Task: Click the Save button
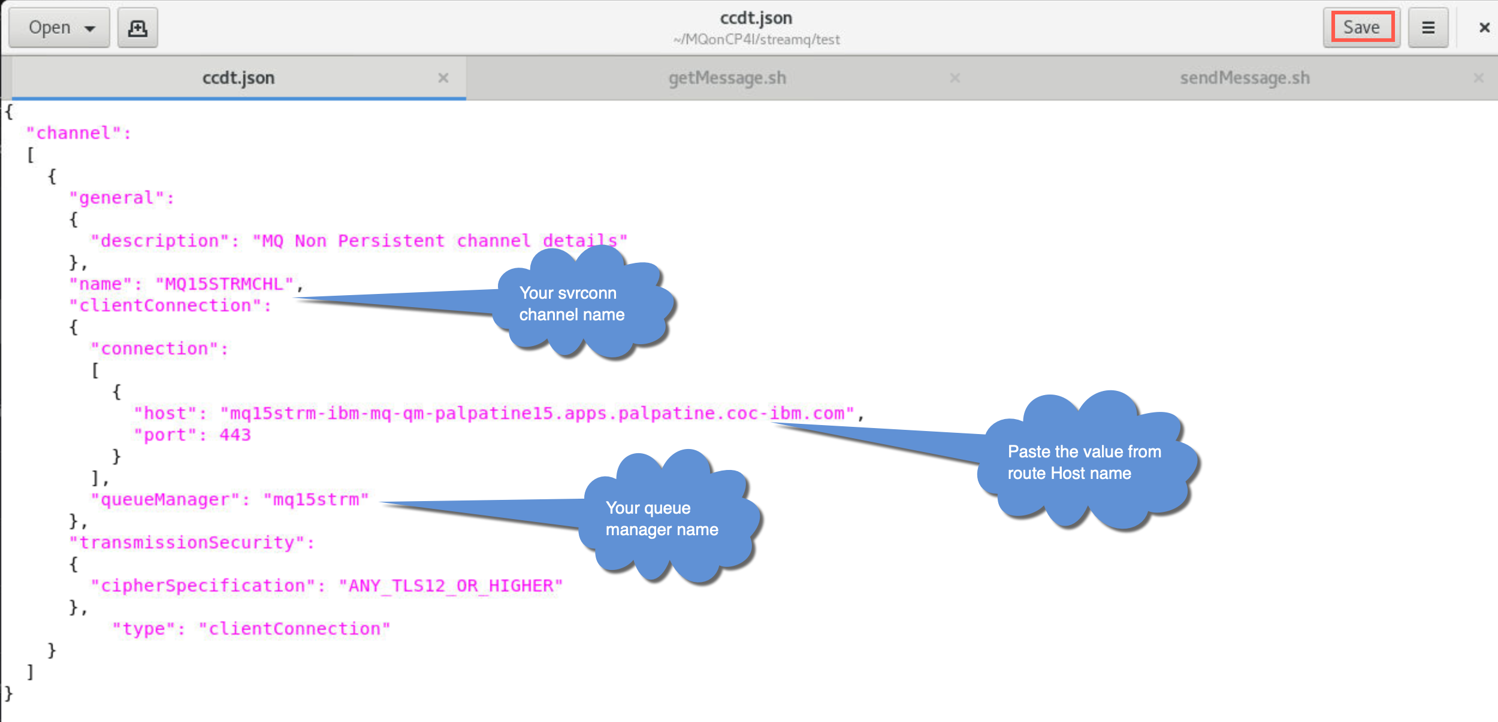(1361, 28)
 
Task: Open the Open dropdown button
(59, 28)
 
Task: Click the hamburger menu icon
(1428, 28)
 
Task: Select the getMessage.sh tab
(727, 78)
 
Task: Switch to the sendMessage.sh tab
(1245, 78)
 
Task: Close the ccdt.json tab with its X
(443, 78)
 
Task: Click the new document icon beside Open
(138, 28)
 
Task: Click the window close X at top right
(1484, 28)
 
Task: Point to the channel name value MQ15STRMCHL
(225, 284)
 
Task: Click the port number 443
(235, 435)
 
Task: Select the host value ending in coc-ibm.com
(537, 413)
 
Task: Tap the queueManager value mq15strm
(316, 499)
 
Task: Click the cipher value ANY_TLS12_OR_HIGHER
(451, 586)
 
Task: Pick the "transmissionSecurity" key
(192, 542)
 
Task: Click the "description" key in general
(160, 241)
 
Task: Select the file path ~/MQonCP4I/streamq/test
(756, 40)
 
